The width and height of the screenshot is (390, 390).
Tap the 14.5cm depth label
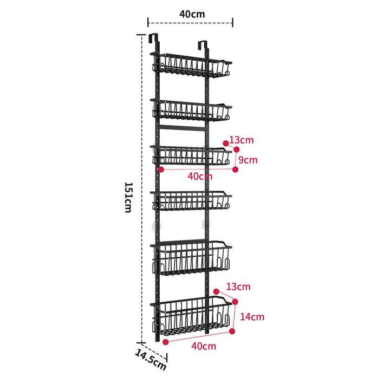pos(151,360)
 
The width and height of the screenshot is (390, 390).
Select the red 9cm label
pos(249,160)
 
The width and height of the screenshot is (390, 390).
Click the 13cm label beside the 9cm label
pos(241,140)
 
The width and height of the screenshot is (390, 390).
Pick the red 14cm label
pos(253,317)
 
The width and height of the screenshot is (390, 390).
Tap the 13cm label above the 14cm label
pos(238,286)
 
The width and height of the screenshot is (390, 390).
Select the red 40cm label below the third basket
pos(200,176)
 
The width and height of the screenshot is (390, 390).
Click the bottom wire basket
pos(194,316)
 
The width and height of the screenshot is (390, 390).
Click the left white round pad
pos(156,225)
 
